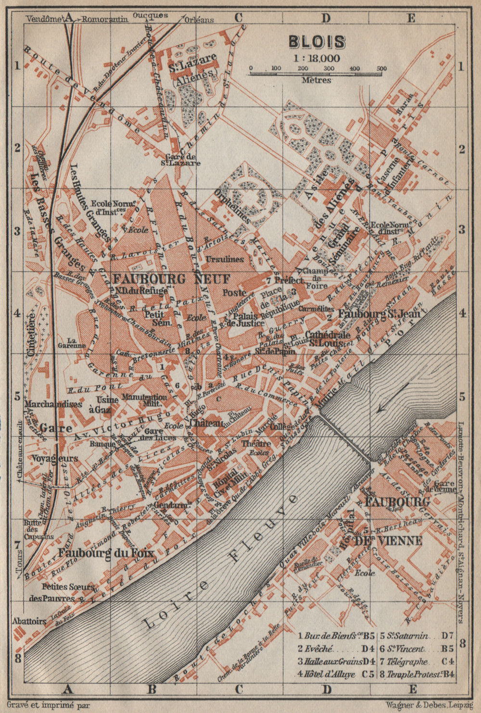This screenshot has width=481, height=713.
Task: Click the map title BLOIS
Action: pos(316,42)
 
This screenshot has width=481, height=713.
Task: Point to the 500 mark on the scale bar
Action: pos(381,68)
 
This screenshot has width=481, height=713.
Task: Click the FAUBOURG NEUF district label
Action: pos(172,279)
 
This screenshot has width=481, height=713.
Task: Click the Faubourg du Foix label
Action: pos(106,552)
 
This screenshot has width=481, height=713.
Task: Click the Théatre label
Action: pos(256,443)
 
